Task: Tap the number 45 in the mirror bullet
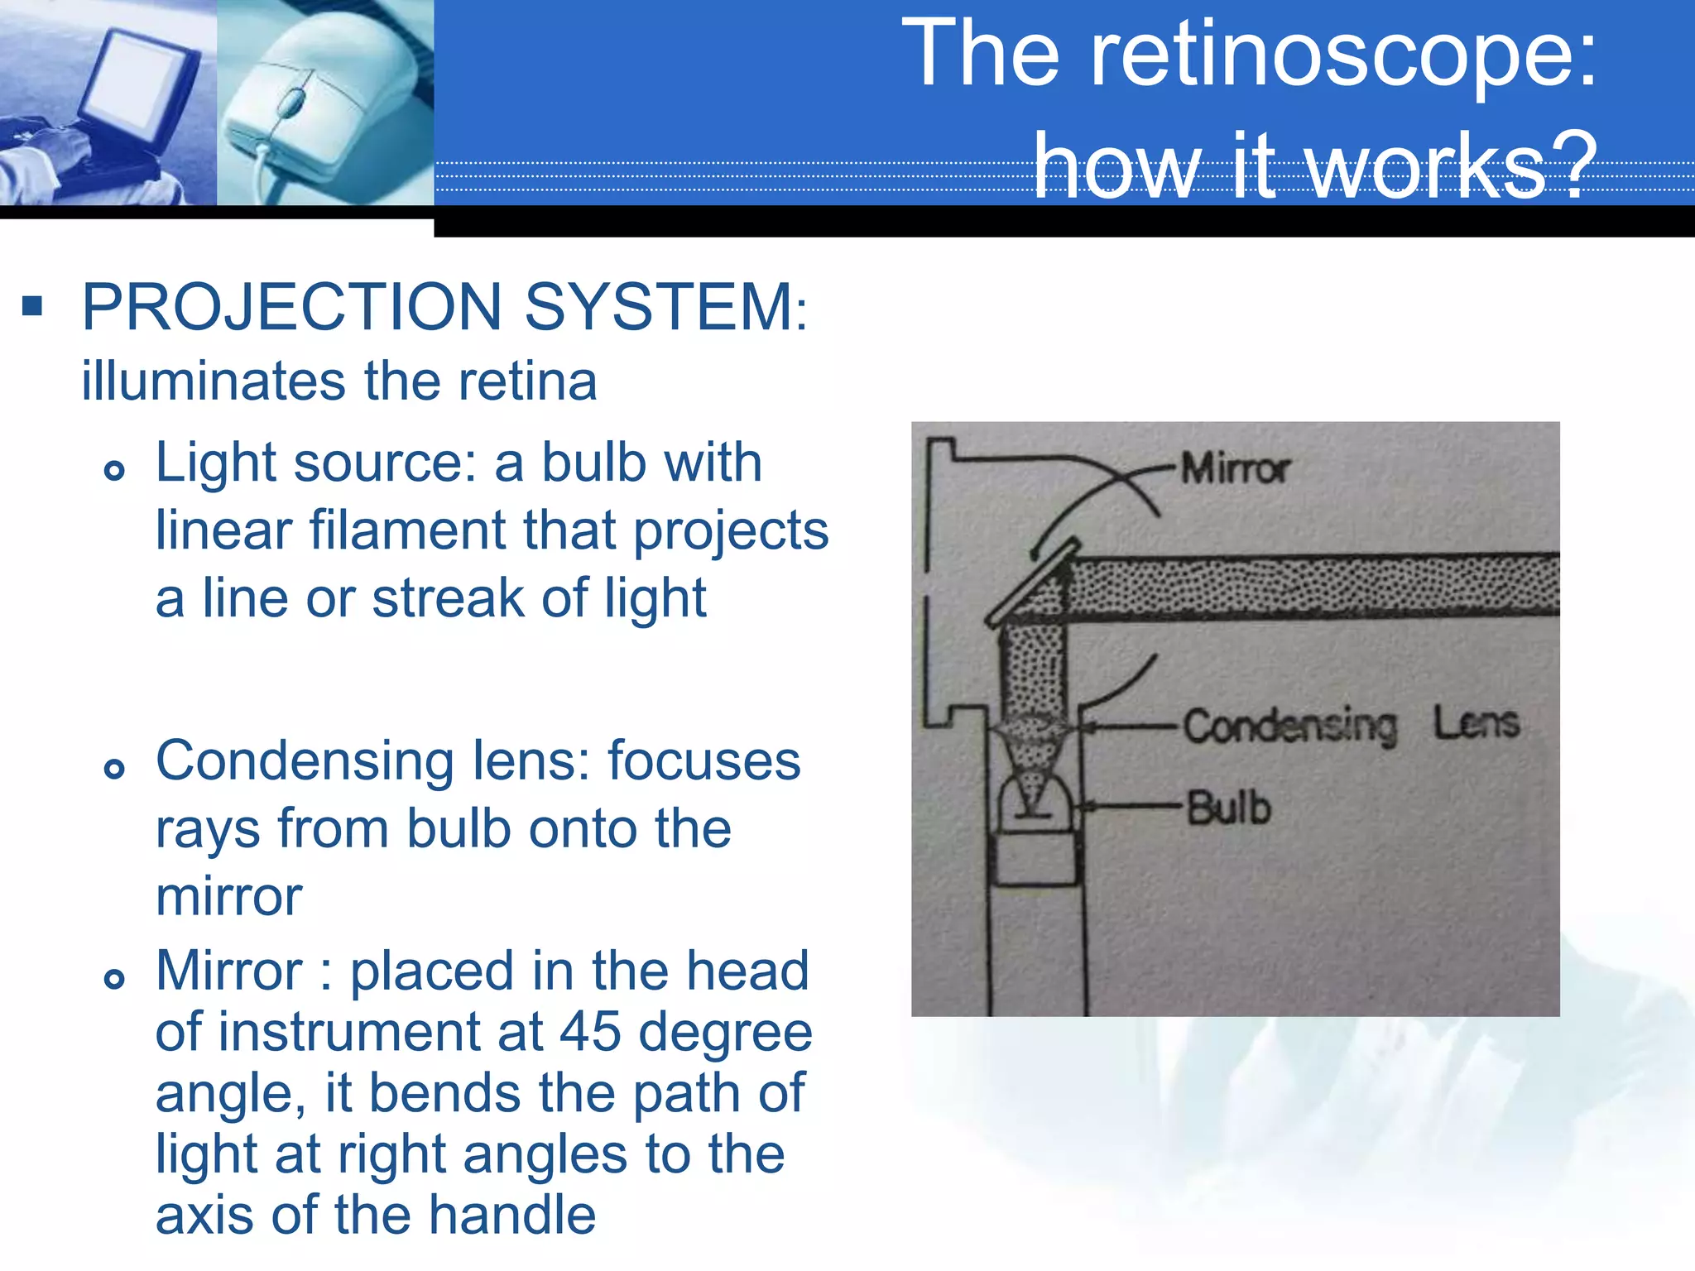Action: point(590,1032)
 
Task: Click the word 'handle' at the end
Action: point(511,1215)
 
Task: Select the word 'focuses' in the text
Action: point(704,761)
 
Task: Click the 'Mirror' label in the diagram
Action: point(1235,469)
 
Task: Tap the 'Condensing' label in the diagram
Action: point(1289,727)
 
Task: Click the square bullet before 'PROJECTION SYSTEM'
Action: point(32,307)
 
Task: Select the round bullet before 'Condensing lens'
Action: point(114,770)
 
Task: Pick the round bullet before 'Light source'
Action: point(114,471)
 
